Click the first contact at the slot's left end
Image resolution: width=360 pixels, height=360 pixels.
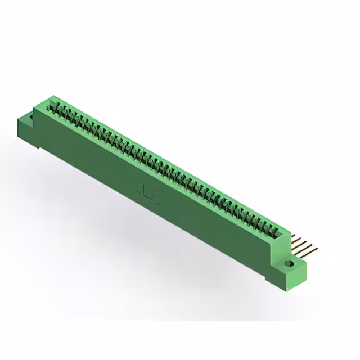(55, 105)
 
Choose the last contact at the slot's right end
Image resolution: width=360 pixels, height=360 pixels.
(275, 231)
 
